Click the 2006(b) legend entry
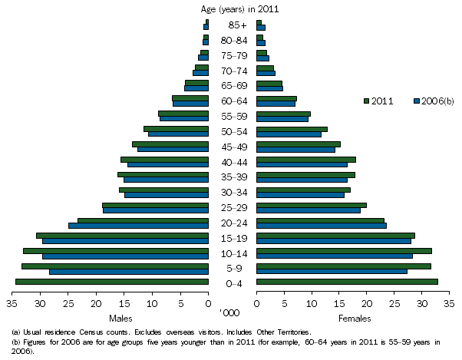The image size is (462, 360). (x=434, y=101)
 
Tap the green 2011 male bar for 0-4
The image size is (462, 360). (x=111, y=282)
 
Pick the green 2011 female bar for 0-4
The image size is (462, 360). (x=347, y=282)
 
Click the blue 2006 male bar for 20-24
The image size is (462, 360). (x=138, y=226)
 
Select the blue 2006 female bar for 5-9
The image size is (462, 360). (x=332, y=271)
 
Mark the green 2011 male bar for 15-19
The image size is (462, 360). (x=122, y=235)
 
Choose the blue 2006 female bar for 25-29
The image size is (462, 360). (x=308, y=210)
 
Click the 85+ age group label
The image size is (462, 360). (x=233, y=25)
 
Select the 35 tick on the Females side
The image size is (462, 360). (x=448, y=304)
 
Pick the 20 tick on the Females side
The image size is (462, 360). (x=366, y=304)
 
